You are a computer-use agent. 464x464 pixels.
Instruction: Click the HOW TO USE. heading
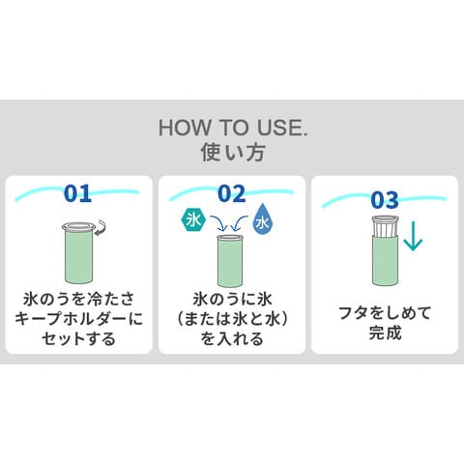(x=233, y=128)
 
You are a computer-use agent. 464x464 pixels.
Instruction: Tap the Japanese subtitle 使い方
(x=233, y=152)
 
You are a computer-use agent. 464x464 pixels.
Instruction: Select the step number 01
(x=77, y=193)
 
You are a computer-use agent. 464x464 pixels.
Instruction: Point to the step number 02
(x=232, y=193)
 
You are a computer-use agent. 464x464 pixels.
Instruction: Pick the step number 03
(x=385, y=200)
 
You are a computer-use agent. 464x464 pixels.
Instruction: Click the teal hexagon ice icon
(x=193, y=220)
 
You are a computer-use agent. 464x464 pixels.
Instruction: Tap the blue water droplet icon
(x=264, y=219)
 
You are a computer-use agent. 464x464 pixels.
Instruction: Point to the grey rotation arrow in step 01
(x=101, y=227)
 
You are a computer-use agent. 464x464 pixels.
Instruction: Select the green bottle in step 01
(x=78, y=253)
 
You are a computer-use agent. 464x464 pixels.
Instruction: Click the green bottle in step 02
(x=230, y=261)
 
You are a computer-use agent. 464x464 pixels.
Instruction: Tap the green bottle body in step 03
(x=385, y=260)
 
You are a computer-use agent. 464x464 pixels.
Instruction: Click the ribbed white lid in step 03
(x=385, y=226)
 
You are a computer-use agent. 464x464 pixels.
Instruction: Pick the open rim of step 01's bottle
(x=78, y=226)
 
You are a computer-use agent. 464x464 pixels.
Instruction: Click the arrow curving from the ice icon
(x=219, y=222)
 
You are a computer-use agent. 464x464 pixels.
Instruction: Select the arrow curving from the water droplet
(x=240, y=223)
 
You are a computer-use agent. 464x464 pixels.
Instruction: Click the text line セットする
(x=78, y=338)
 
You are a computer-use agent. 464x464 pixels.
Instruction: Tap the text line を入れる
(x=232, y=338)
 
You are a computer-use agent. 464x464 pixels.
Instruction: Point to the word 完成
(x=385, y=333)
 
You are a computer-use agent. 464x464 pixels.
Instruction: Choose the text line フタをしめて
(x=385, y=312)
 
